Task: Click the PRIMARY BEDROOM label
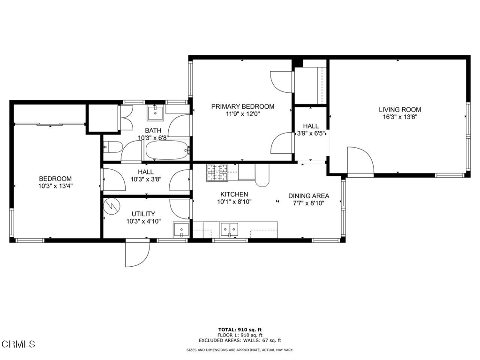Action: click(243, 106)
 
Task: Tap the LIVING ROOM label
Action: click(400, 110)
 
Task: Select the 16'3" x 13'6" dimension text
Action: click(400, 117)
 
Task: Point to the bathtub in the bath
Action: click(167, 150)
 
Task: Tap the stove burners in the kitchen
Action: click(217, 172)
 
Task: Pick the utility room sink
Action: click(181, 230)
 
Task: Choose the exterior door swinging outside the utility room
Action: click(137, 253)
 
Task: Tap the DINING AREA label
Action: click(308, 196)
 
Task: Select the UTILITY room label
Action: click(143, 214)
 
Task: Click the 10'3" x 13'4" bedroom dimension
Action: click(55, 186)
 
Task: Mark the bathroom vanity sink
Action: click(156, 113)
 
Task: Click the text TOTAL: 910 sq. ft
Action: click(240, 330)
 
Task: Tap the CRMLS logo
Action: click(18, 344)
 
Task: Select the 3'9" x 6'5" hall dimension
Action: click(311, 134)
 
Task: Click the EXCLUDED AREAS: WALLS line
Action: click(240, 340)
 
